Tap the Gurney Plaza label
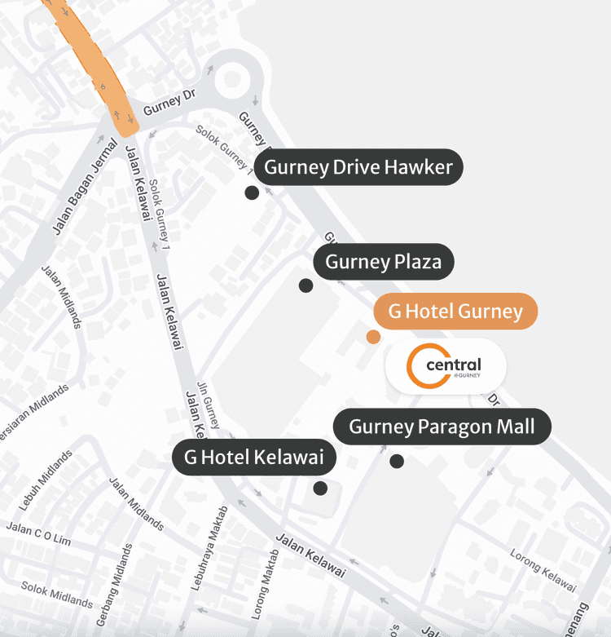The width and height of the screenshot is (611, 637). point(383,262)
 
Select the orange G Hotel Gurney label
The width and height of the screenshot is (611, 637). point(455,311)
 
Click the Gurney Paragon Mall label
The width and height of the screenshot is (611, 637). point(442,427)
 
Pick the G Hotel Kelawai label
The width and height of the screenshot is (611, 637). point(254,457)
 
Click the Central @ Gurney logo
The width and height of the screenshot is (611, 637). point(445,366)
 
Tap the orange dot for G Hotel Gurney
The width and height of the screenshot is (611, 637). point(373,337)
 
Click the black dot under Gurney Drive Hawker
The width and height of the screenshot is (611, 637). point(252,192)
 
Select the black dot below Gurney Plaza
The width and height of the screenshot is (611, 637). point(305,285)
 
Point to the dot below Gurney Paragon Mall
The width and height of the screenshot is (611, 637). point(397,461)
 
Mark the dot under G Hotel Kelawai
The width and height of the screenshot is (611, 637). point(320,488)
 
